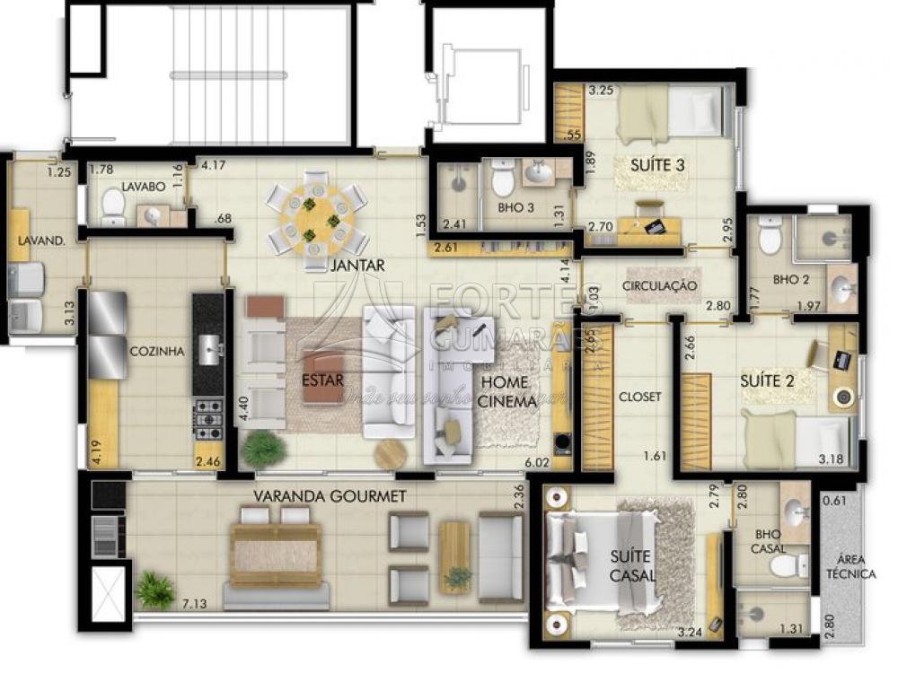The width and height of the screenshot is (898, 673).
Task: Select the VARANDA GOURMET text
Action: (x=330, y=495)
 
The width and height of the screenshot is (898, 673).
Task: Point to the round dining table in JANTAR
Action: (x=316, y=219)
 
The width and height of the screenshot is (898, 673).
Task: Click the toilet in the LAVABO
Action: (x=113, y=207)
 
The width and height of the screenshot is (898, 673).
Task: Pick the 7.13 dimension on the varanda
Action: (x=195, y=604)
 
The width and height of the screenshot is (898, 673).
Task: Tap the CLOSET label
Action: (x=639, y=396)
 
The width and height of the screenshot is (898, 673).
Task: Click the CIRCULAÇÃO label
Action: (x=659, y=285)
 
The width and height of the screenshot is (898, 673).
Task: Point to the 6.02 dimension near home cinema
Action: (x=537, y=463)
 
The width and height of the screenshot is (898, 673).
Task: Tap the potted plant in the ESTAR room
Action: (x=263, y=448)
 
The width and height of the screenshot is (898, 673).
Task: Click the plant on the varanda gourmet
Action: (x=155, y=590)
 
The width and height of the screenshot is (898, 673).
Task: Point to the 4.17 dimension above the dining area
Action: (x=213, y=165)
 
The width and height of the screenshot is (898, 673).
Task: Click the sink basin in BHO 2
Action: (x=842, y=290)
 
